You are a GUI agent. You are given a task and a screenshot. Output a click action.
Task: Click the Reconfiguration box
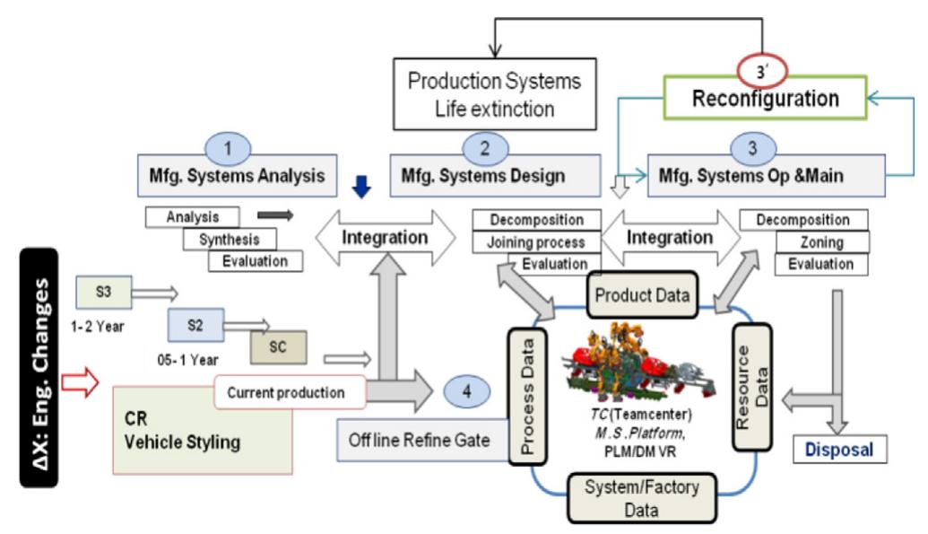click(x=765, y=99)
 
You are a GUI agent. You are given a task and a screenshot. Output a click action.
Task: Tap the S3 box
click(x=103, y=292)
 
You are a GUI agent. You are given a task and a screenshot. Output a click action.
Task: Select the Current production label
click(x=287, y=392)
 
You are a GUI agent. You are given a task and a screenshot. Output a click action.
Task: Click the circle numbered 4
click(x=466, y=391)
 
